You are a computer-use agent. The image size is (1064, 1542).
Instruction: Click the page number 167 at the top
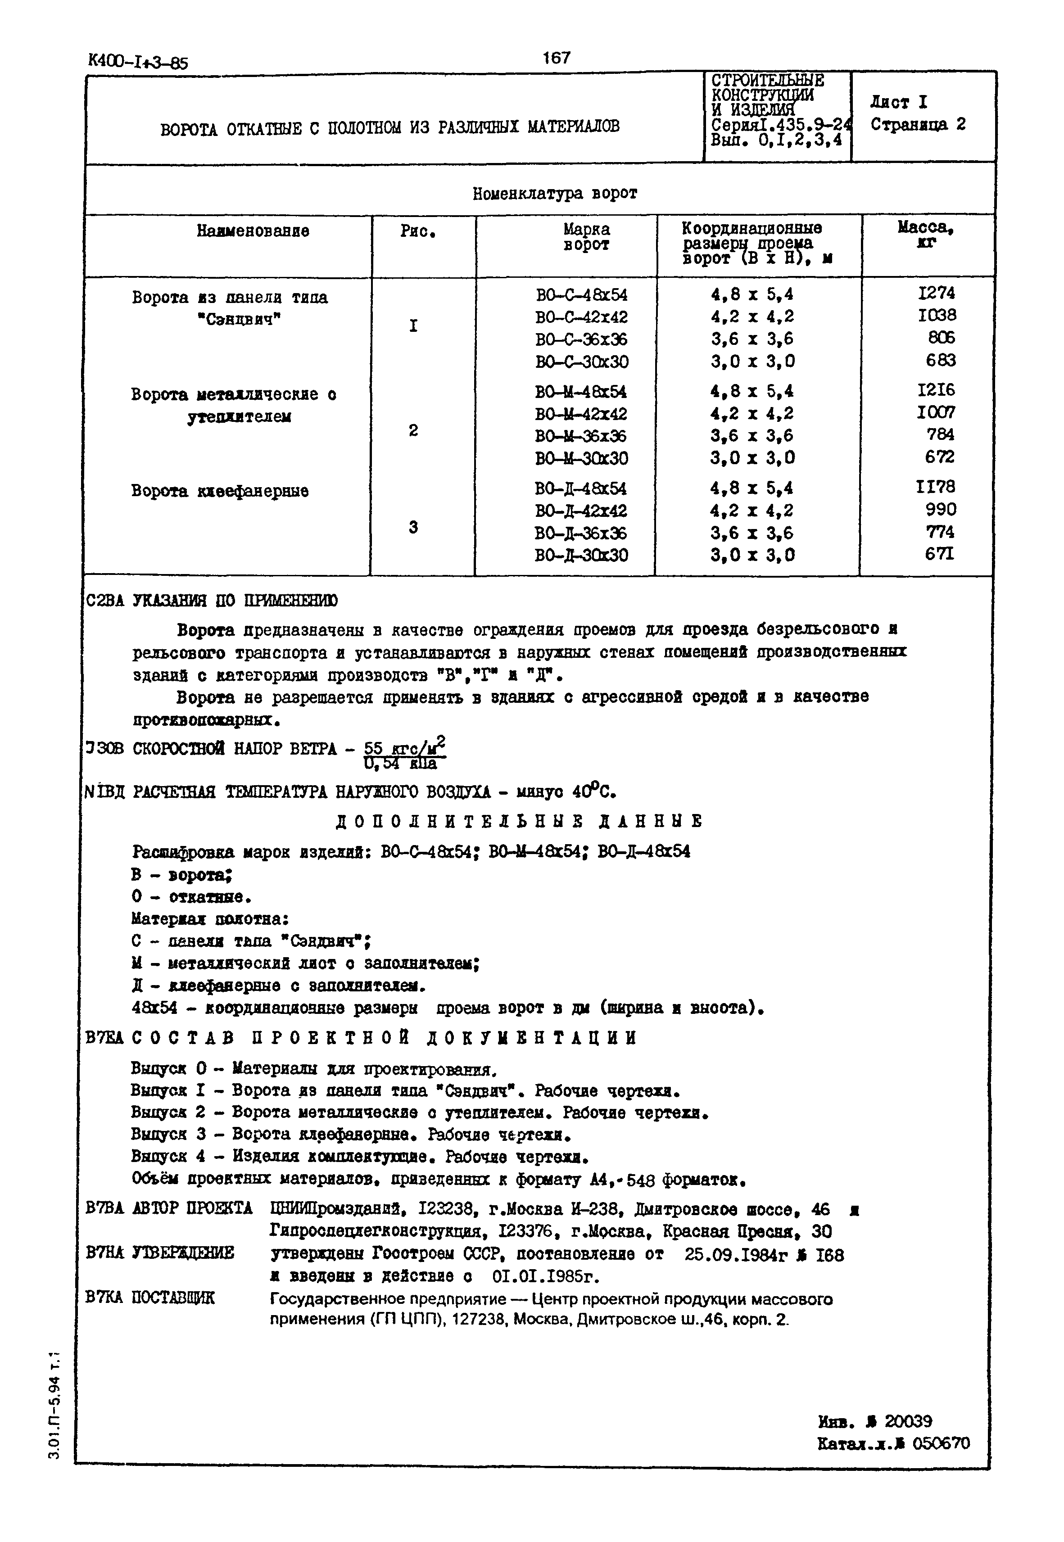tap(556, 58)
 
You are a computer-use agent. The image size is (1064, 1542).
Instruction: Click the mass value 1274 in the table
tap(936, 293)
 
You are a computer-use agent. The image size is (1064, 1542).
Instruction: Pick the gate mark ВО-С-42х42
tap(581, 317)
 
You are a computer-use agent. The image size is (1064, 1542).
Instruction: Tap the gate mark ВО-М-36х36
tap(581, 436)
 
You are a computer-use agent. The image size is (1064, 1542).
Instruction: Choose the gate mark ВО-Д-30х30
tap(581, 555)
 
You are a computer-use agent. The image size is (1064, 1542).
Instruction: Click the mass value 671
tap(939, 553)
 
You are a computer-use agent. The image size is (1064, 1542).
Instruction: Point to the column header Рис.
tap(417, 231)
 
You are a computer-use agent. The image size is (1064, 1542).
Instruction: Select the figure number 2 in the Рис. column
tap(413, 430)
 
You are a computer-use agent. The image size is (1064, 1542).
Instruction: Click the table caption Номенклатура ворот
tap(555, 194)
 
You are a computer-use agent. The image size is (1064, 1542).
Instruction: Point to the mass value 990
tap(941, 509)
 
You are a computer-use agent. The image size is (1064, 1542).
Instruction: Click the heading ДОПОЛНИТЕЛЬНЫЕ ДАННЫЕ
tap(519, 821)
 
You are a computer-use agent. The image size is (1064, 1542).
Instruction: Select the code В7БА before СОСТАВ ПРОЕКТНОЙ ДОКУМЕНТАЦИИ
tap(104, 1038)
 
